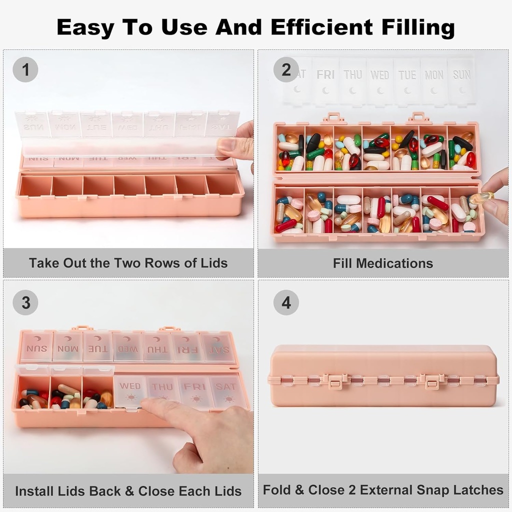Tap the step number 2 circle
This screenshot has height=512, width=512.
286,69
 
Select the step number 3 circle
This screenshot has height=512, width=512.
25,302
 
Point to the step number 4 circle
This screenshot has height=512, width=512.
286,302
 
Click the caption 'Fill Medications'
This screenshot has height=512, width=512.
383,263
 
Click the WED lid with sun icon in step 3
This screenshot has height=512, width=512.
130,391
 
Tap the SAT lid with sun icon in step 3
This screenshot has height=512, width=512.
226,391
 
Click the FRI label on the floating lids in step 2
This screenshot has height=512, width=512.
325,75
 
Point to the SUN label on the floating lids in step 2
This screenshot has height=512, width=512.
461,75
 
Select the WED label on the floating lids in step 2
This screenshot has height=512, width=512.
379,75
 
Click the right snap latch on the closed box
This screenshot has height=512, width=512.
431,381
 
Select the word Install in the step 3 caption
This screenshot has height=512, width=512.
33,490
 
